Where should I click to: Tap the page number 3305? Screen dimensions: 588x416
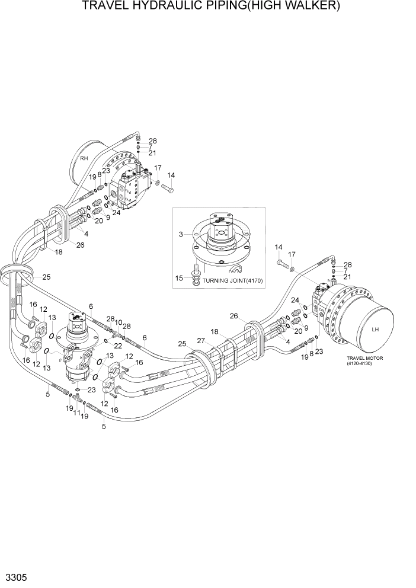[15, 577]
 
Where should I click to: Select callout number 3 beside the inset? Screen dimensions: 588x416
[181, 235]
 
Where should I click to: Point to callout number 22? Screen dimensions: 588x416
[118, 346]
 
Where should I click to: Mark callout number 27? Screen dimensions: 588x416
[201, 340]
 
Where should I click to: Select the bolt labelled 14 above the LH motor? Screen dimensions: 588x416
[280, 259]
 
